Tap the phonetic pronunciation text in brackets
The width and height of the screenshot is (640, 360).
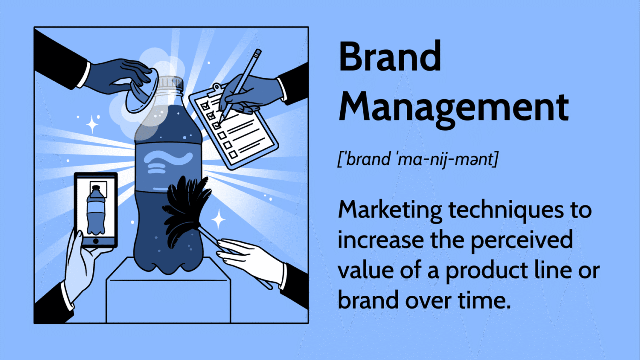point(417,159)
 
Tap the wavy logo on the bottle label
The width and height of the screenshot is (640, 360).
point(168,162)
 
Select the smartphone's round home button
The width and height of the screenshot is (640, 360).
point(96,241)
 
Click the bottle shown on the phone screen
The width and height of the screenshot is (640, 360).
point(96,210)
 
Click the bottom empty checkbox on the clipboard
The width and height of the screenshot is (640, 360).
point(233,155)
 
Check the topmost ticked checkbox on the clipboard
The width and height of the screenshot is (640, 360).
point(205,106)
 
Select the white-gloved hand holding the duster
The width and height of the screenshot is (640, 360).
point(251,260)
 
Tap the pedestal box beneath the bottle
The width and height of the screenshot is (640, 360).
point(168,294)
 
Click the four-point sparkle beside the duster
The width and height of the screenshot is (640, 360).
point(219,219)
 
